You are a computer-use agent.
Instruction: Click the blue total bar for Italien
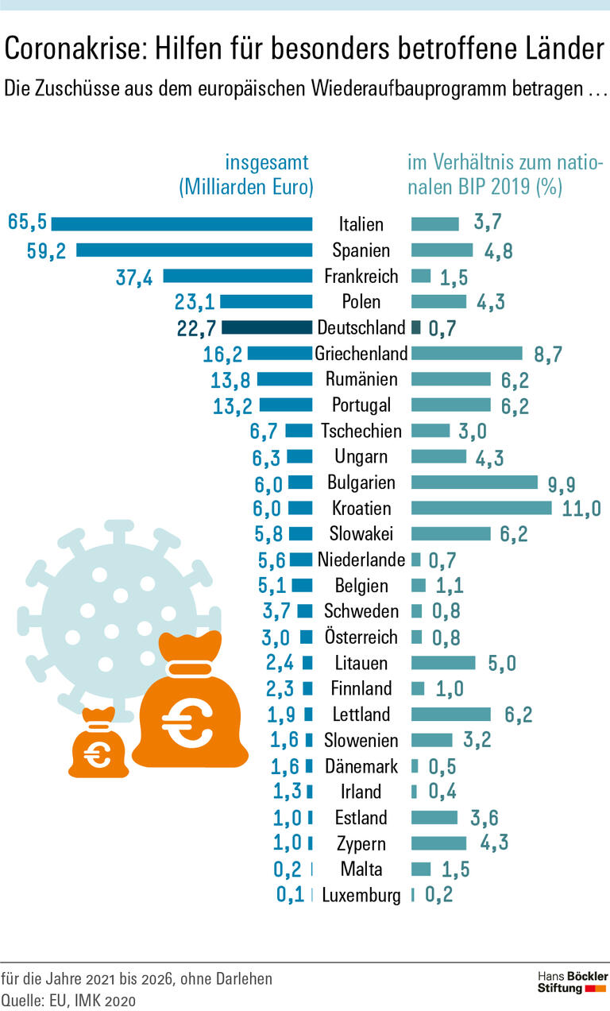(182, 224)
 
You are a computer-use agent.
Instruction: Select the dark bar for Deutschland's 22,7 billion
(267, 327)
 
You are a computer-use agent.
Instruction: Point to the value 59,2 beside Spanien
(47, 251)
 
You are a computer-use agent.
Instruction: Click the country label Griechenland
(361, 353)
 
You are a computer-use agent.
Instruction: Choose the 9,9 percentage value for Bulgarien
(562, 483)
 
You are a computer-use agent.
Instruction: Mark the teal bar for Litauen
(443, 662)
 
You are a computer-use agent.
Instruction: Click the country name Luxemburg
(361, 895)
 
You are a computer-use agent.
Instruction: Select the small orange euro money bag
(98, 744)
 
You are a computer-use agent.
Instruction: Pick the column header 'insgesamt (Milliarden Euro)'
(246, 176)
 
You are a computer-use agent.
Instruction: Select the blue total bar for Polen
(266, 301)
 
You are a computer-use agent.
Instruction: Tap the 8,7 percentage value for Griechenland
(548, 354)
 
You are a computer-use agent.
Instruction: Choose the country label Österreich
(361, 637)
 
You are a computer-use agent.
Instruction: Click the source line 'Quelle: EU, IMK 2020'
(69, 999)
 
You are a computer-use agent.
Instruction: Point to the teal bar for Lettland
(451, 714)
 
